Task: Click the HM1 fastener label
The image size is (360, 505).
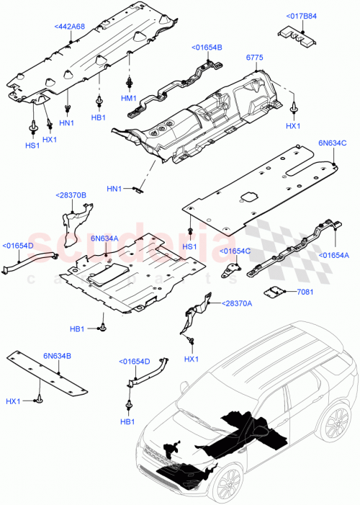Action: point(129,98)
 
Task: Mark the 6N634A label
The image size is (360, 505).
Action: point(104,238)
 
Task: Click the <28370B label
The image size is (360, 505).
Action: point(71,195)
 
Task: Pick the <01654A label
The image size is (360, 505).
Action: point(334,255)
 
